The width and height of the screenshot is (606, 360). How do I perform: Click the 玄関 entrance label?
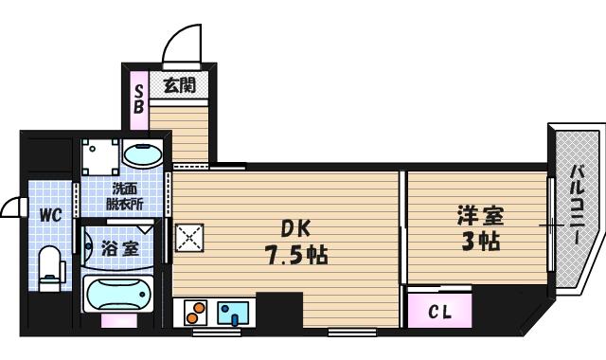(x=179, y=85)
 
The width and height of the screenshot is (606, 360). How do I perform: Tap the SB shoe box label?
(x=137, y=99)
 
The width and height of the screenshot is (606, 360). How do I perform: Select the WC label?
(x=50, y=215)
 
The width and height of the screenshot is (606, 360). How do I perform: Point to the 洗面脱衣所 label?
(x=125, y=196)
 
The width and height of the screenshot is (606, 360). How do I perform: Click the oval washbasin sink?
(x=143, y=154)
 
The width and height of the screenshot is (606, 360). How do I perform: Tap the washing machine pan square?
(x=99, y=156)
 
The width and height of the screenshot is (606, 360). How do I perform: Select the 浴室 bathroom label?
(x=120, y=249)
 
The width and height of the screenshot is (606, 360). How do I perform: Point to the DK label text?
(x=295, y=228)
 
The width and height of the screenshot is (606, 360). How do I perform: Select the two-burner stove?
(x=195, y=312)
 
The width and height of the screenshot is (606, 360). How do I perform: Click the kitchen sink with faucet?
(x=233, y=312)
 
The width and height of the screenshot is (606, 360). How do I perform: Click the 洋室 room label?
(x=477, y=215)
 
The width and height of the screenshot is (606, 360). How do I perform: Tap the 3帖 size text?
(x=477, y=241)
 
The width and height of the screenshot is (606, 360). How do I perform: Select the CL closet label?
(x=439, y=312)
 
